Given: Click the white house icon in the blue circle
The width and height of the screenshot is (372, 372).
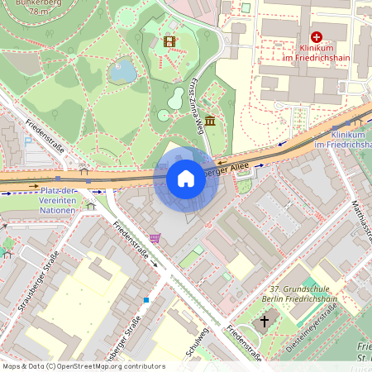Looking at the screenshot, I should pyautogui.click(x=185, y=179).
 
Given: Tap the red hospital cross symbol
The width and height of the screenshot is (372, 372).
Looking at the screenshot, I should pyautogui.click(x=316, y=37).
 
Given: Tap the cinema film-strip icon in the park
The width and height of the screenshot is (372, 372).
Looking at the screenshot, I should pyautogui.click(x=169, y=41).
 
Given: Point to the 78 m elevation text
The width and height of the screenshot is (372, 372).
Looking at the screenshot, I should pyautogui.click(x=38, y=12).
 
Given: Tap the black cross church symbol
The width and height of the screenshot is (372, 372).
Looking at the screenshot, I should pyautogui.click(x=265, y=320).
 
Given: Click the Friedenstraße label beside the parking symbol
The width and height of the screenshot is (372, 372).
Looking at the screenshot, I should pyautogui.click(x=45, y=136).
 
